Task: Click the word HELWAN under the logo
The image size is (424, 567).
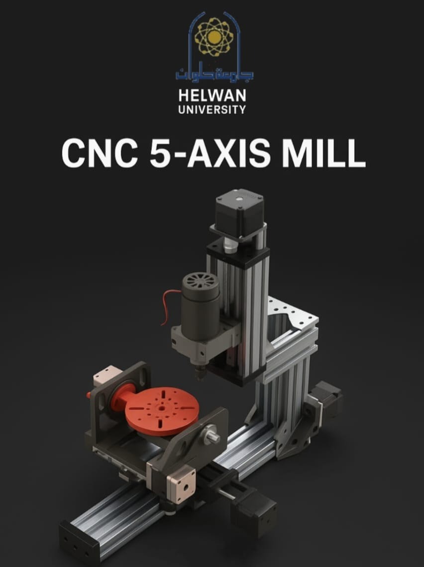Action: tap(212, 95)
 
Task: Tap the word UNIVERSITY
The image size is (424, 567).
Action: tap(212, 109)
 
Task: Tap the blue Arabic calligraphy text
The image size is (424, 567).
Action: tap(214, 72)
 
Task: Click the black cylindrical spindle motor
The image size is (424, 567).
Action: tap(201, 305)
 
